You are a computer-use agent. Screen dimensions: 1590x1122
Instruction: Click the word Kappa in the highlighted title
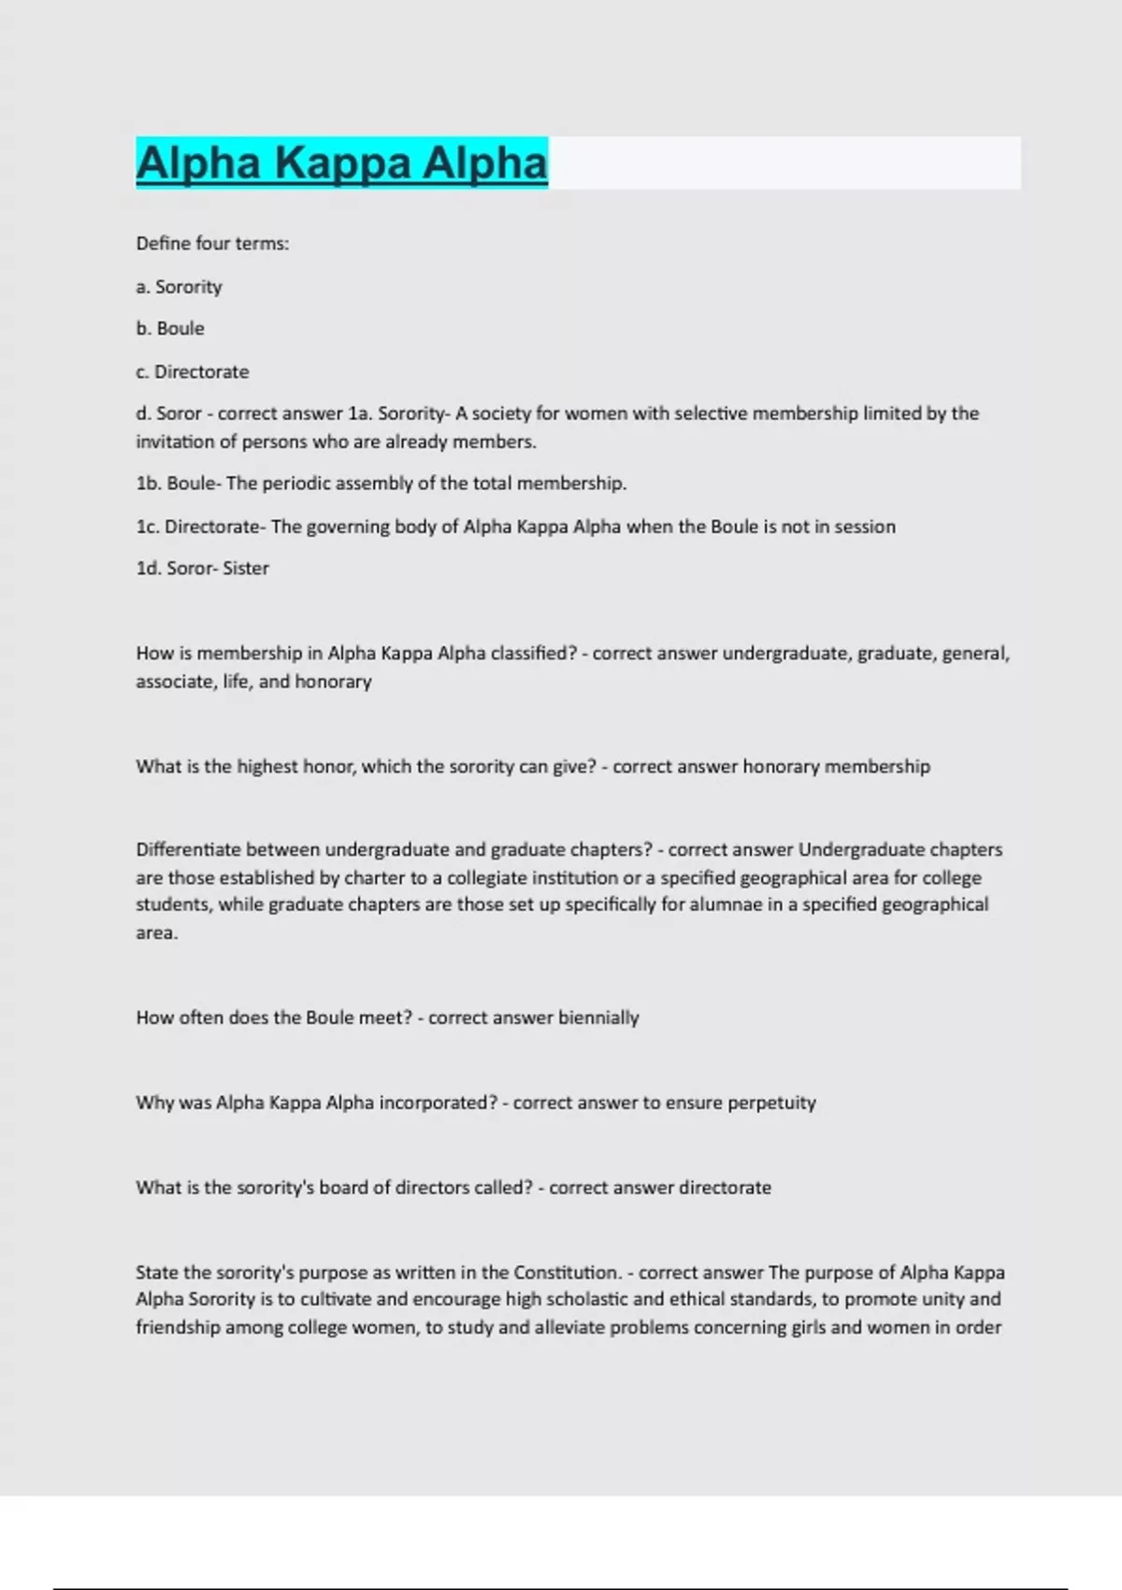(342, 163)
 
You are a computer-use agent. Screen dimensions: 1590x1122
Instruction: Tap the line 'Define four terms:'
(212, 243)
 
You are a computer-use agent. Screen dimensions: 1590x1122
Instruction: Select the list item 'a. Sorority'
(179, 286)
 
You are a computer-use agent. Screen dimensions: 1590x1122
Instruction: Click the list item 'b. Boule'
(170, 328)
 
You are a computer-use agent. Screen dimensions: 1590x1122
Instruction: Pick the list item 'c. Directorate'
(193, 371)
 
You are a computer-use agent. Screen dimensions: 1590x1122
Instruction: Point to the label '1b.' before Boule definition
(149, 484)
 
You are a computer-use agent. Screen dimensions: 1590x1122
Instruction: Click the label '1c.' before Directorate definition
(148, 527)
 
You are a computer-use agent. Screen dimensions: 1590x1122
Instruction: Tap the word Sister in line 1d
(245, 568)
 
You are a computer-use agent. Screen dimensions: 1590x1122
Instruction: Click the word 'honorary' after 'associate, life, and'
(333, 682)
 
